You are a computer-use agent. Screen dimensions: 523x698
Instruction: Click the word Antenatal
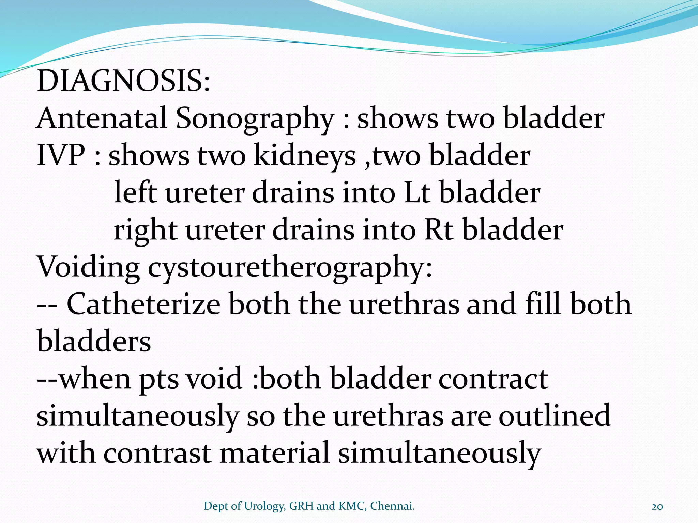102,118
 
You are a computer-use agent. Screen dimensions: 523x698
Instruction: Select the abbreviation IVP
61,156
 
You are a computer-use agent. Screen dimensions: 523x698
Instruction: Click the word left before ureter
135,193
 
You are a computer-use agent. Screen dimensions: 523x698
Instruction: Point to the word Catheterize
143,304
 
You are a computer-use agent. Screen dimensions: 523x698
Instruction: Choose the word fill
543,304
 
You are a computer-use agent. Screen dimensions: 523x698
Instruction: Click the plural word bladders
94,341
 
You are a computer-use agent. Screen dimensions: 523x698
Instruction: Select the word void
215,379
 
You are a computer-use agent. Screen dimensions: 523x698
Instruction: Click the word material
275,453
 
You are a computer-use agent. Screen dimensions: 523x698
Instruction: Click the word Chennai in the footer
392,506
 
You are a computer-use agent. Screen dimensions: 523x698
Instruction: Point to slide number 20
657,506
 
